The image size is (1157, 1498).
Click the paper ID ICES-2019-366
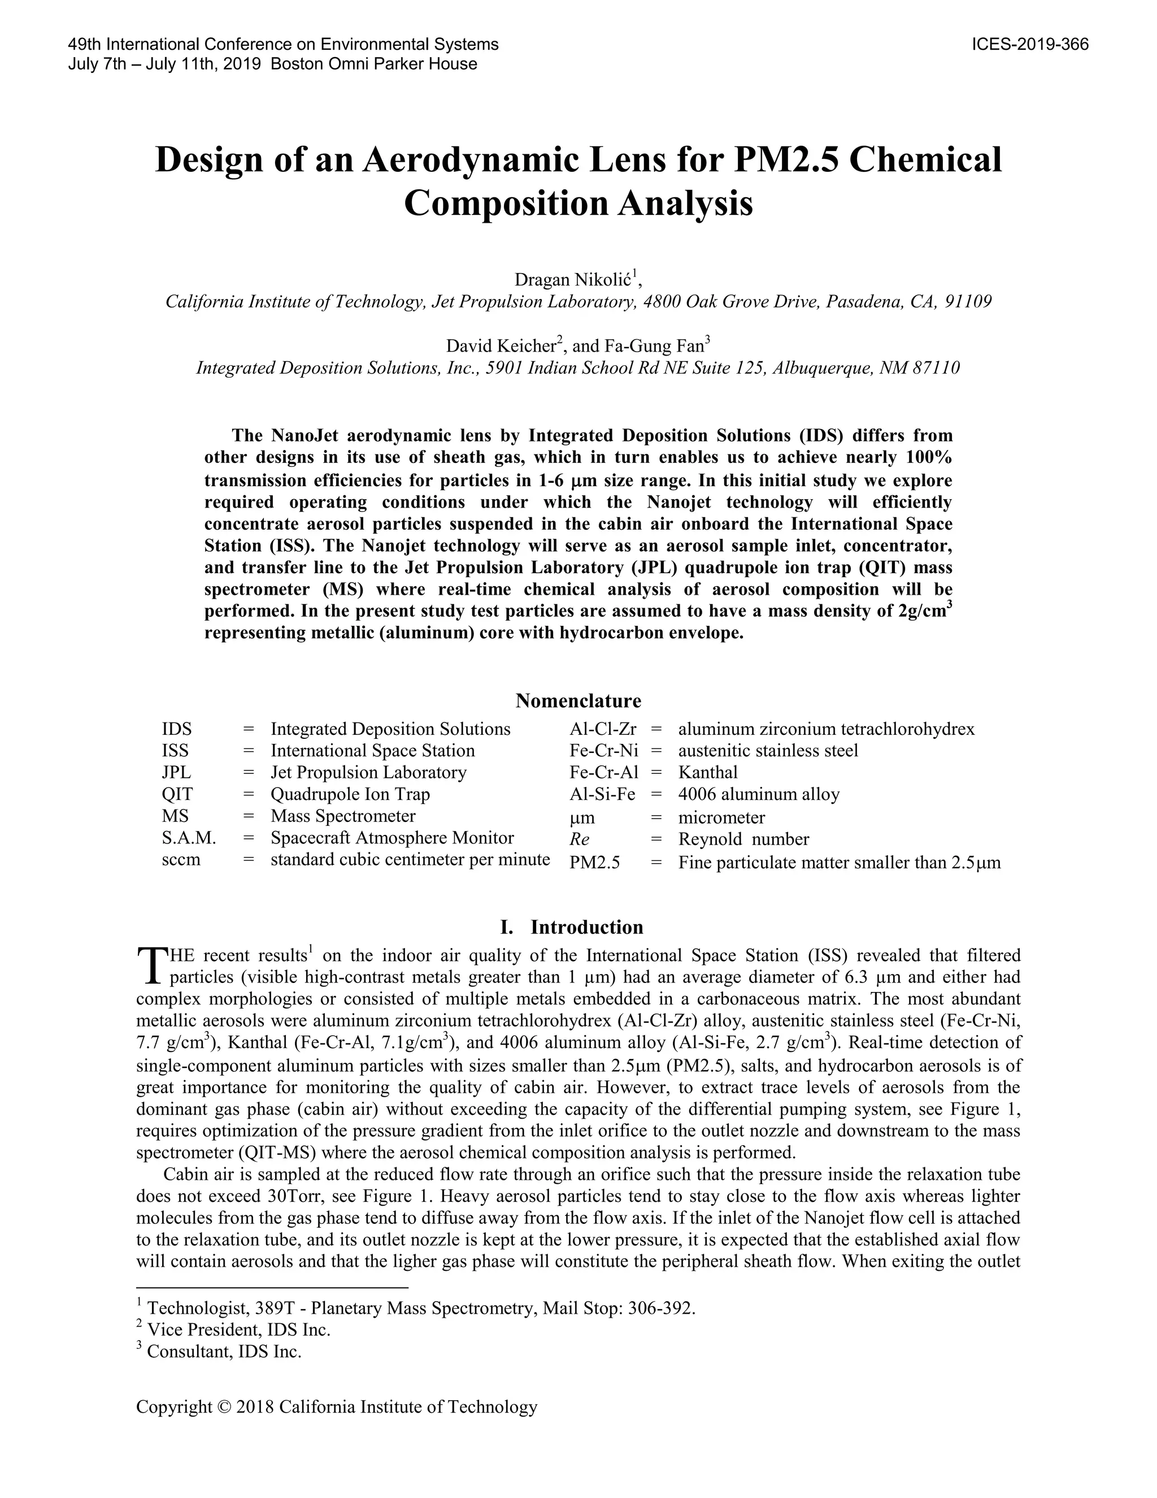pos(1030,45)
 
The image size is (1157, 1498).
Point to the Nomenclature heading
pos(578,700)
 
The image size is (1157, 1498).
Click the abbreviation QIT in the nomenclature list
pos(177,794)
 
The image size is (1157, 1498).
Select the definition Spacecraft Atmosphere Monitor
pos(392,838)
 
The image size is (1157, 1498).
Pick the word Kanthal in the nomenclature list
pos(708,772)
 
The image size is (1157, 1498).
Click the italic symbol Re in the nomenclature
pos(579,839)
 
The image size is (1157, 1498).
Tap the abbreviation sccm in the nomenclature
pos(181,860)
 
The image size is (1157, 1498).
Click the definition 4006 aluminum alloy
pos(759,794)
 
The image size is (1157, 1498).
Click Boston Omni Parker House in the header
pos(374,64)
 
